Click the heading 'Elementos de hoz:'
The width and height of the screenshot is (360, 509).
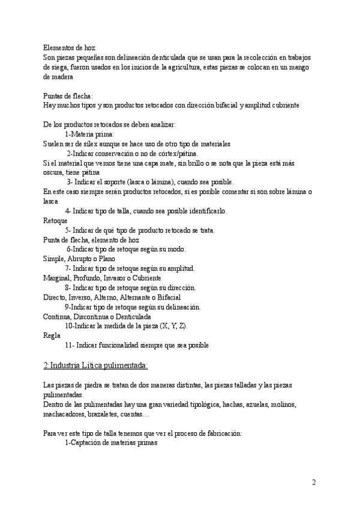click(x=70, y=48)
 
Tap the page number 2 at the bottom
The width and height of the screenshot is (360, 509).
click(x=314, y=482)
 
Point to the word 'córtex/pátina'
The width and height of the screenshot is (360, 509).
click(x=177, y=154)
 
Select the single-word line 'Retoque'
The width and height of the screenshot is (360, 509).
click(x=55, y=221)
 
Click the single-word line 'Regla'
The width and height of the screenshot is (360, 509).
click(x=52, y=336)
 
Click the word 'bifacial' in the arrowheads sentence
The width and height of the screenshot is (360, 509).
click(x=221, y=105)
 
